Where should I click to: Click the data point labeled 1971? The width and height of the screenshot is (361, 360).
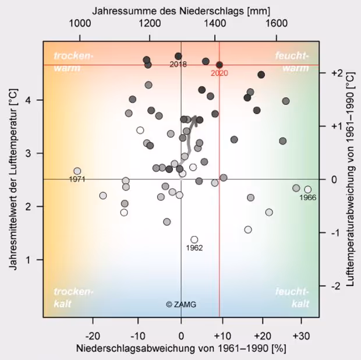(x=77, y=171)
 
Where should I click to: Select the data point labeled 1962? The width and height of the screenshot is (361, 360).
(x=194, y=239)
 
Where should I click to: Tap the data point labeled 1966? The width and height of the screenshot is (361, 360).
(x=308, y=189)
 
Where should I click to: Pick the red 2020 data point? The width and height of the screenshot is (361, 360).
(x=220, y=65)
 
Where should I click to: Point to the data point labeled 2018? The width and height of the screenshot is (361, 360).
(x=178, y=56)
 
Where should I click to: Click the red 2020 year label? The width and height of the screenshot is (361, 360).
(x=219, y=73)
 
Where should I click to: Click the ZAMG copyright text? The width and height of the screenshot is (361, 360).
(x=181, y=304)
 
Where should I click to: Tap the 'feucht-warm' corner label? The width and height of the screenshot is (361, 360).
(x=291, y=62)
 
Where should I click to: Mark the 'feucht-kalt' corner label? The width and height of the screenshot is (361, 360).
(x=292, y=297)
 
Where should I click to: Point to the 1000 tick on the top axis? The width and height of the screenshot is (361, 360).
(x=80, y=23)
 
